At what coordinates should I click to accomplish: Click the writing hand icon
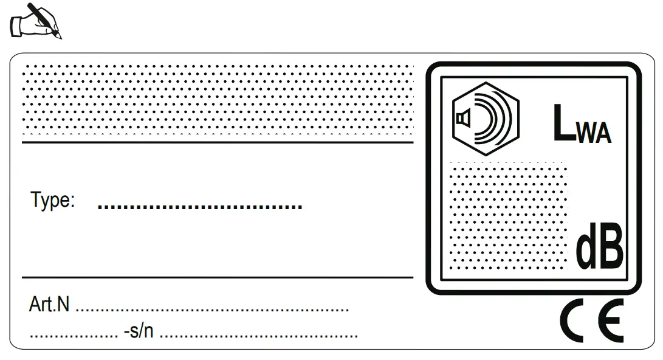point(36,21)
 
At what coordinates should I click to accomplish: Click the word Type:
point(53,200)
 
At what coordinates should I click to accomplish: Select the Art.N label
point(49,305)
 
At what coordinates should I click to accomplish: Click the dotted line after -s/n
point(258,336)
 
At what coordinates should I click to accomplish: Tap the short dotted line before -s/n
point(74,336)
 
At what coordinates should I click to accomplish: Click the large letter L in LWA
point(563,124)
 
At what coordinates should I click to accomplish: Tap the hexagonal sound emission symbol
point(486,119)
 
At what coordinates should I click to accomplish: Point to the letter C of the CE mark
point(574,320)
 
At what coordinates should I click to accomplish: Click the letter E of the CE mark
point(610,320)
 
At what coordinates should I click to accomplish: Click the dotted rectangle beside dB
point(508,216)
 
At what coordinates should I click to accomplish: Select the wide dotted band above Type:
point(218,100)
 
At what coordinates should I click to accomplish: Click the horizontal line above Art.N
point(218,277)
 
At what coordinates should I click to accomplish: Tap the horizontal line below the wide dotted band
point(218,142)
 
